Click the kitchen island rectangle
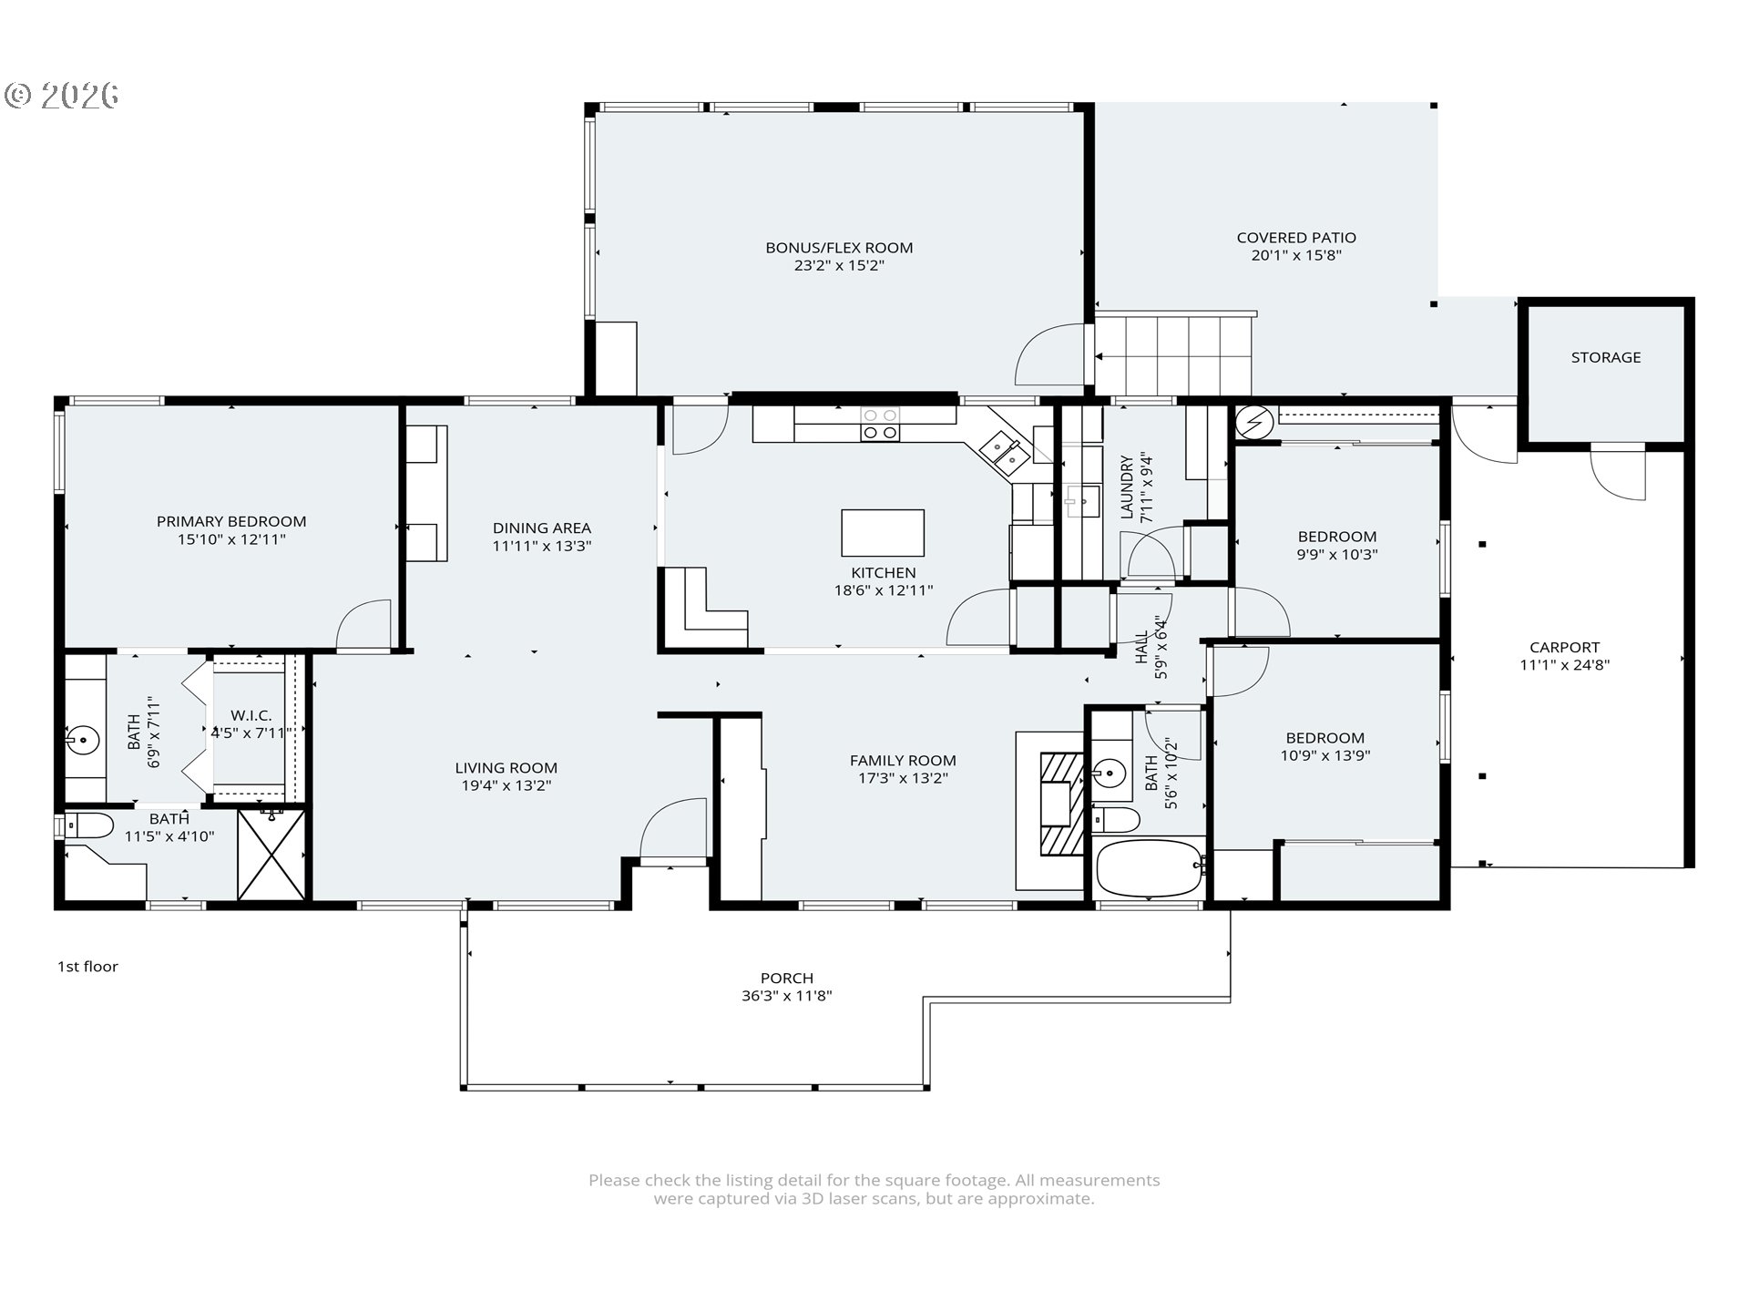[x=882, y=533]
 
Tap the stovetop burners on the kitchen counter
[x=880, y=424]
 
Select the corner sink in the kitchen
[x=1005, y=453]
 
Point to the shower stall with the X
[x=271, y=855]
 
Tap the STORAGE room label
[x=1605, y=357]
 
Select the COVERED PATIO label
[x=1296, y=238]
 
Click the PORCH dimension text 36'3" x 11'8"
[x=786, y=996]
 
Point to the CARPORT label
[x=1564, y=648]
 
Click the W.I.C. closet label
[x=251, y=715]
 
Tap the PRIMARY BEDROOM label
[x=231, y=521]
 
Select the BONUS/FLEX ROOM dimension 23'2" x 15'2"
[x=839, y=265]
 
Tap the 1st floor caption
[x=87, y=967]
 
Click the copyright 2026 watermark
[x=62, y=95]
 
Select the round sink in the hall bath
[x=1109, y=774]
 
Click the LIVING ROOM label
[x=506, y=768]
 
